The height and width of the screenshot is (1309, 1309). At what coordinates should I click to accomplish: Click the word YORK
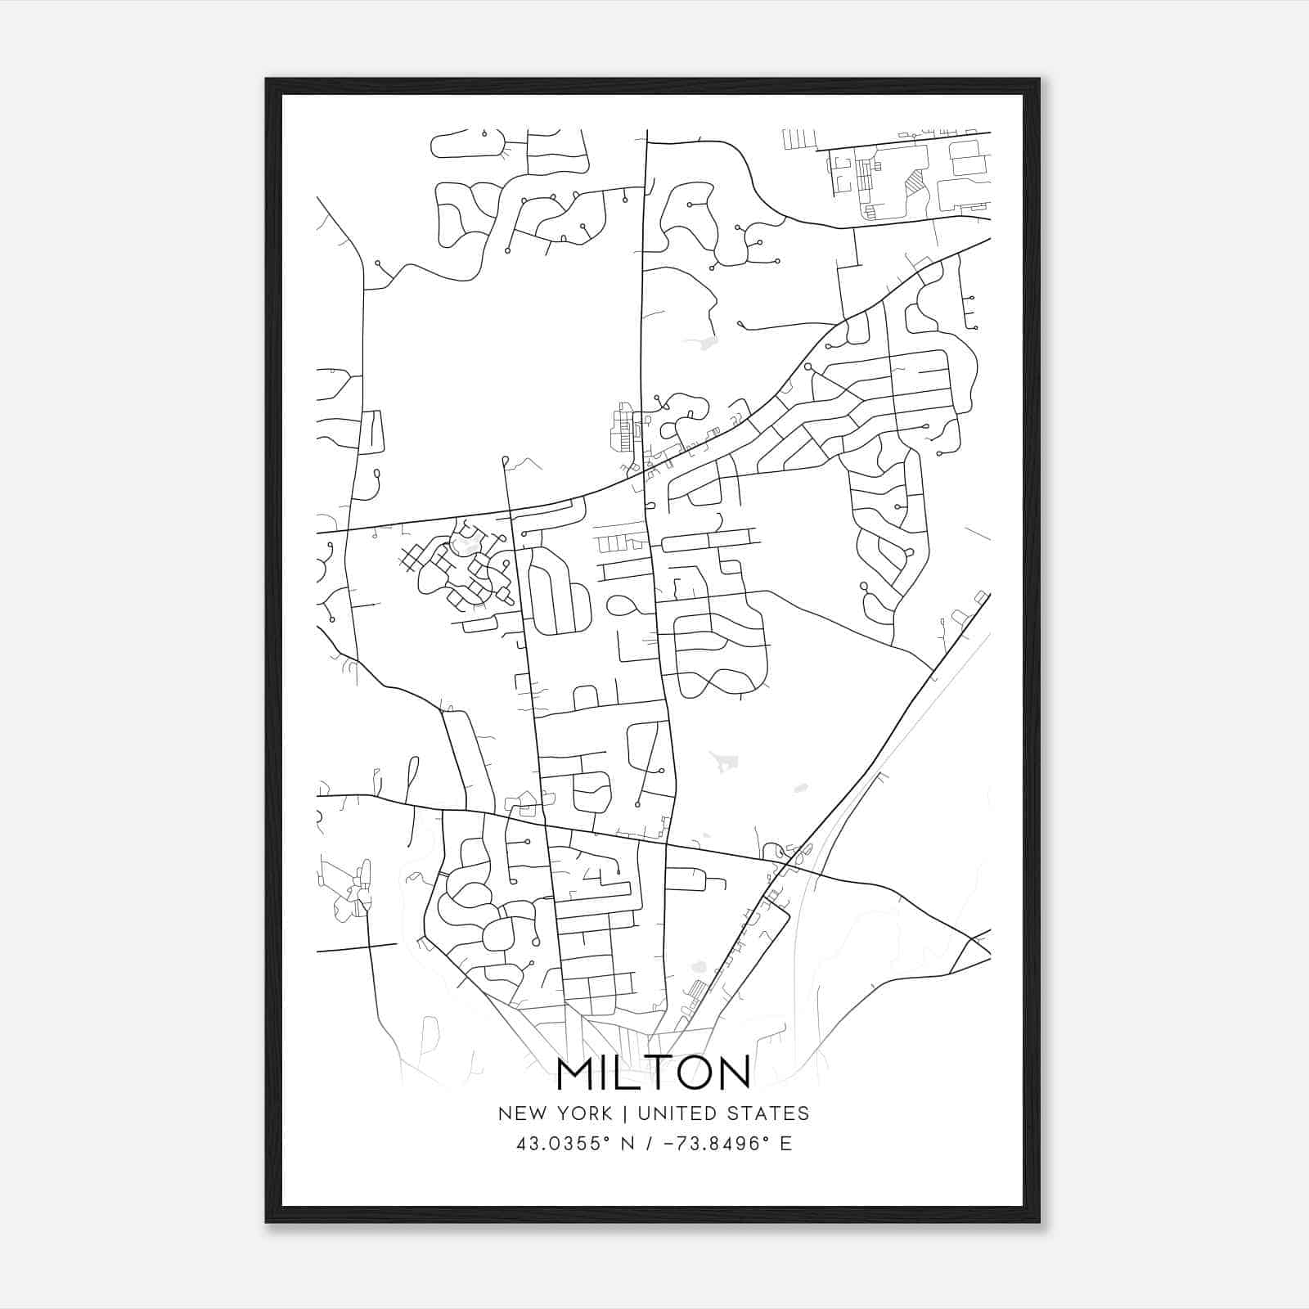pyautogui.click(x=584, y=1113)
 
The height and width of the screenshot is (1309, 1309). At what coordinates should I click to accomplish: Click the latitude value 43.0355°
pyautogui.click(x=564, y=1143)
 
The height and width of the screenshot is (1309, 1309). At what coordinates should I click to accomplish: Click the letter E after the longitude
pyautogui.click(x=785, y=1143)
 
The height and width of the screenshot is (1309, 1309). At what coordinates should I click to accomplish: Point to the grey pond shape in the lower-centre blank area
pyautogui.click(x=724, y=762)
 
